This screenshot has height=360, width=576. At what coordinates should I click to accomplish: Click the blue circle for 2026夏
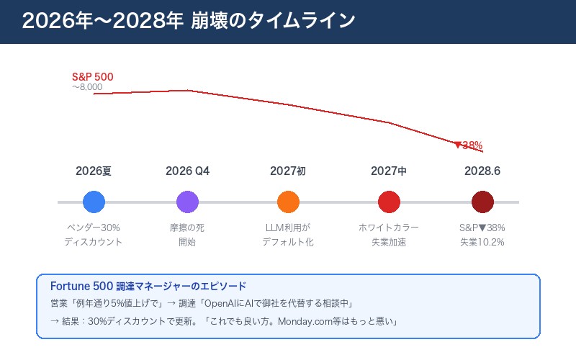click(x=94, y=202)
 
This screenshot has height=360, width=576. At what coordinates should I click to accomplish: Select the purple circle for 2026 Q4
click(x=187, y=202)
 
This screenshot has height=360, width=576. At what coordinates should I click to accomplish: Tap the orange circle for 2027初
click(x=288, y=202)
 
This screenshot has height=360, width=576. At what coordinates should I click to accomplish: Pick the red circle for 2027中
click(x=389, y=202)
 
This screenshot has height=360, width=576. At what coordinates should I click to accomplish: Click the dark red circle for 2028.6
click(x=482, y=202)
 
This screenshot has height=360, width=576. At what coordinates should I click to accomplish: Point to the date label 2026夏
click(x=94, y=171)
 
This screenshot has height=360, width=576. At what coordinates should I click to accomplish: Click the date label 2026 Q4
click(x=187, y=171)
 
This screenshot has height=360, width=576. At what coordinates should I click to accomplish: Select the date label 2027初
click(x=288, y=171)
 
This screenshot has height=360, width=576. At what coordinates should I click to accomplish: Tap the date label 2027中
click(x=389, y=171)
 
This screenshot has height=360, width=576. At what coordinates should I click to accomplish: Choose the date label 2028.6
click(x=482, y=171)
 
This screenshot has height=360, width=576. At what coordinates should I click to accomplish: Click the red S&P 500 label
click(x=93, y=77)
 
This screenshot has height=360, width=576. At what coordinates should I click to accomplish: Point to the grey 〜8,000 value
click(x=87, y=87)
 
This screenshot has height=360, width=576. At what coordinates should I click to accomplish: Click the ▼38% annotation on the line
click(x=468, y=145)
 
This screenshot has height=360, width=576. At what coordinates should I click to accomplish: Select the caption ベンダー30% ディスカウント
click(x=94, y=235)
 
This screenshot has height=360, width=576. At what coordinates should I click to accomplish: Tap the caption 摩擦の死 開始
click(x=187, y=235)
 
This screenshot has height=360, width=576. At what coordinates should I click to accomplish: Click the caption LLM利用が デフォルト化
click(x=288, y=235)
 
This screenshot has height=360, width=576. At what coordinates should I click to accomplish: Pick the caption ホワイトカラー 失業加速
click(x=389, y=235)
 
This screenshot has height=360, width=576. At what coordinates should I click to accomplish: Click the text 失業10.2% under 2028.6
click(x=482, y=242)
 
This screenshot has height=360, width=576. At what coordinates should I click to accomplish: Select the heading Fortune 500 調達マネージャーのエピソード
click(x=148, y=286)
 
